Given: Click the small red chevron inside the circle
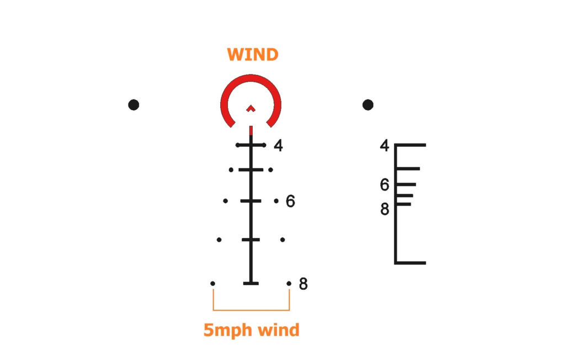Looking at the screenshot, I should [x=251, y=108].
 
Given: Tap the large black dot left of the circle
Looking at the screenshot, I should [x=134, y=104].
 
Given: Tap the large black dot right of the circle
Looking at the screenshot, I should [x=368, y=104].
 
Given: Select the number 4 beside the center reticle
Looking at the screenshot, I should [x=278, y=146].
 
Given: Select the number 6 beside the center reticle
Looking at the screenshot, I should [x=290, y=202].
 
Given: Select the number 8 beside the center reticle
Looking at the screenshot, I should [x=303, y=284].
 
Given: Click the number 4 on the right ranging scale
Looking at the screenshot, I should [x=385, y=146].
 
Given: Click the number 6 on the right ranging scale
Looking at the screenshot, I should [x=385, y=185].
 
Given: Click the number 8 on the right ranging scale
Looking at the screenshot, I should [x=385, y=210].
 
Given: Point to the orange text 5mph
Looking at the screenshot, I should [x=225, y=330].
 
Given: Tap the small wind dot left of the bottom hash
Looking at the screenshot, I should [x=213, y=283].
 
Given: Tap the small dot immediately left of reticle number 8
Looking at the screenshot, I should [x=289, y=283].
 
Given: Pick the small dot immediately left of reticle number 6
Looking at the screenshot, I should [x=276, y=201].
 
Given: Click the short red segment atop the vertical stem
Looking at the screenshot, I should [x=251, y=130].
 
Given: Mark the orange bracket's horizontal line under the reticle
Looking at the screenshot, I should [x=251, y=310].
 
